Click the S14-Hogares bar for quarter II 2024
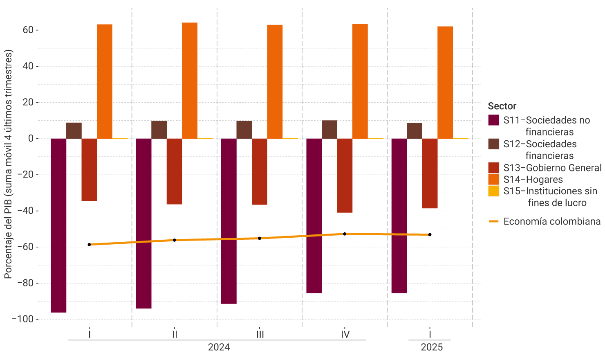[190, 81]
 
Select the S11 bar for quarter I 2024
[58, 225]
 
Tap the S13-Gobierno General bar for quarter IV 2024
[345, 175]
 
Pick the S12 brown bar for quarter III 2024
[244, 130]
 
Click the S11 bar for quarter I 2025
[399, 216]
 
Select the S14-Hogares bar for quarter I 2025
[445, 82]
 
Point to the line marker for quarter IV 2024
[345, 234]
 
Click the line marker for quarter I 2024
[89, 245]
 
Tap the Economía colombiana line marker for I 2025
[430, 235]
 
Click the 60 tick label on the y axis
[28, 30]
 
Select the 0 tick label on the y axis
[31, 139]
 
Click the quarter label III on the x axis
[260, 335]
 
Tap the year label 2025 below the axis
[432, 347]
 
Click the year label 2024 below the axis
[219, 347]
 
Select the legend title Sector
[502, 106]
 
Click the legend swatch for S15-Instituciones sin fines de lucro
[494, 191]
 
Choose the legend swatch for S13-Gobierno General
[494, 168]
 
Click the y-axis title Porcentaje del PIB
[8, 164]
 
